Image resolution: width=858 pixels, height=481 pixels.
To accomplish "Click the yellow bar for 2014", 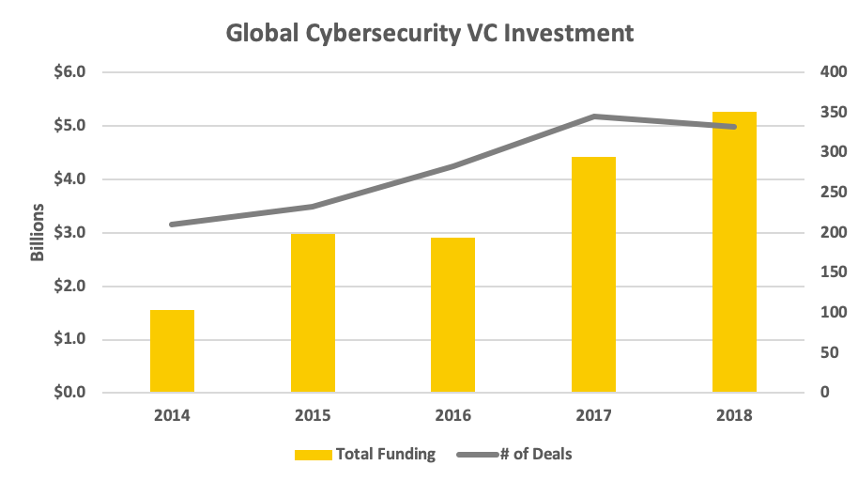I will [x=172, y=351].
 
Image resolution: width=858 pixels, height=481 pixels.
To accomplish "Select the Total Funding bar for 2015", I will [x=313, y=313].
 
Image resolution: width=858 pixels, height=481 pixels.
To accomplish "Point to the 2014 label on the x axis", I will [x=172, y=414].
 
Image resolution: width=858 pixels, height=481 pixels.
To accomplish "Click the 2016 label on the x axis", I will [x=452, y=414].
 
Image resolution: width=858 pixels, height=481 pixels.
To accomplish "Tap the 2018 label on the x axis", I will [x=734, y=414].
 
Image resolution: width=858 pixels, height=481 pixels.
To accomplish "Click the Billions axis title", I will [x=38, y=232].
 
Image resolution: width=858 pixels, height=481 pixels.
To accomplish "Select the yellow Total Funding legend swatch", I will [x=313, y=455].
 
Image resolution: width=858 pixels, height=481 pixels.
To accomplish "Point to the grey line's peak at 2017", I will [x=593, y=116].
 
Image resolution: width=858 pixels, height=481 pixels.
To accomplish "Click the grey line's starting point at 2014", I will [x=172, y=225].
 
